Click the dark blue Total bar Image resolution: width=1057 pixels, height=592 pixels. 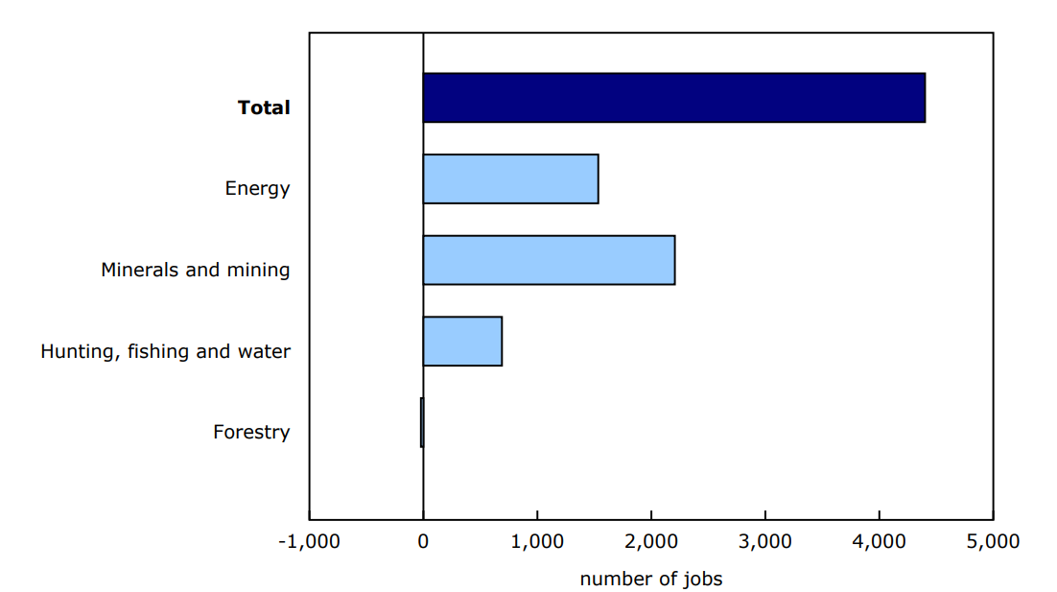(673, 98)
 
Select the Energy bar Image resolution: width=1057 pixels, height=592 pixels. (510, 178)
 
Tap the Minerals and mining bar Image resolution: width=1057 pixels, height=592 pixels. (549, 260)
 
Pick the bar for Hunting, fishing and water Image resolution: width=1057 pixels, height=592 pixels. (462, 341)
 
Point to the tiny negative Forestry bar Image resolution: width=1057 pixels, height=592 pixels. (421, 422)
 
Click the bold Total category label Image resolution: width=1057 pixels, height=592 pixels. (264, 107)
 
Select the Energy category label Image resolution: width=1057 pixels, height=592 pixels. (257, 188)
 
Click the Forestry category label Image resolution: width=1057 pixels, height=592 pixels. (251, 432)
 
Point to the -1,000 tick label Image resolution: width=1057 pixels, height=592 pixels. (309, 541)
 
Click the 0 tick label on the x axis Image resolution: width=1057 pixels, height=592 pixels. (423, 541)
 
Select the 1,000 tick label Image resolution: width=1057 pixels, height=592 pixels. (537, 541)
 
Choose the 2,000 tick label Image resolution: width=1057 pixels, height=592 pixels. (651, 541)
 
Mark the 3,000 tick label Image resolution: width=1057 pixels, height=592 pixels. (765, 541)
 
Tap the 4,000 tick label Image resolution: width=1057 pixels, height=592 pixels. (880, 541)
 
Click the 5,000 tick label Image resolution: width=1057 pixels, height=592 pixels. (993, 541)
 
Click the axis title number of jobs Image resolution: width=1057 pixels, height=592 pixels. (650, 579)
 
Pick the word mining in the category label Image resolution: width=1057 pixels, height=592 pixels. (257, 270)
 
